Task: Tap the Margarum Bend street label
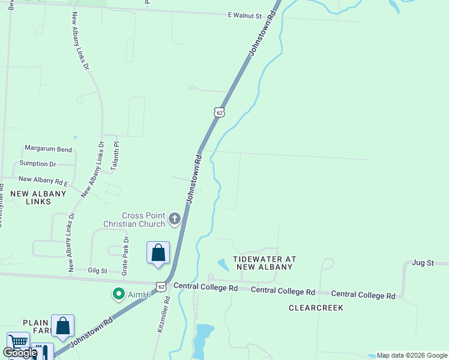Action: pyautogui.click(x=48, y=149)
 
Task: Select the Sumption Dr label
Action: pyautogui.click(x=37, y=163)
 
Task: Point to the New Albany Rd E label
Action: pyautogui.click(x=43, y=179)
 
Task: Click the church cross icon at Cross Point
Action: pyautogui.click(x=175, y=218)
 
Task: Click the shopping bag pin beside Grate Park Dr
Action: pyautogui.click(x=158, y=252)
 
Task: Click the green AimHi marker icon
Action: pyautogui.click(x=118, y=295)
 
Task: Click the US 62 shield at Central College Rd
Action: pyautogui.click(x=161, y=287)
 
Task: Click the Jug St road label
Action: pyautogui.click(x=423, y=263)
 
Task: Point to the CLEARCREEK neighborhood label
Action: pyautogui.click(x=315, y=308)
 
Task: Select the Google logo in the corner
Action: pyautogui.click(x=20, y=353)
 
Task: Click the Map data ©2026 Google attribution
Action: pyautogui.click(x=412, y=355)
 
